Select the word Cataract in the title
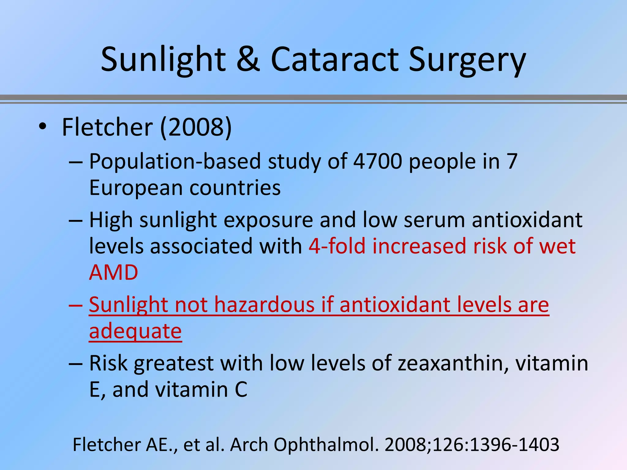[335, 59]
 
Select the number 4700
[377, 161]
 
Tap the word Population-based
[175, 161]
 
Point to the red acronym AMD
[114, 272]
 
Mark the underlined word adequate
[135, 331]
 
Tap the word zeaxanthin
[453, 363]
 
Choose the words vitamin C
[201, 390]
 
